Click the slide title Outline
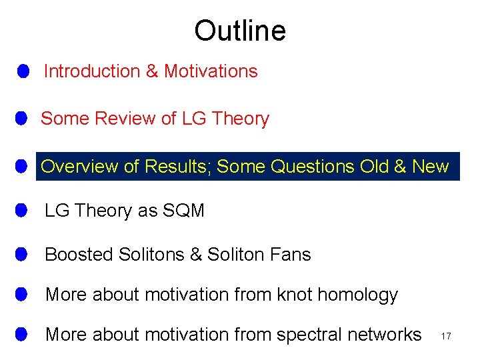(x=240, y=31)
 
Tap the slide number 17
(x=446, y=337)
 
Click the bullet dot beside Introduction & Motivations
(x=23, y=71)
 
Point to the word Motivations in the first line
(x=211, y=71)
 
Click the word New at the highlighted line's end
(x=431, y=166)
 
